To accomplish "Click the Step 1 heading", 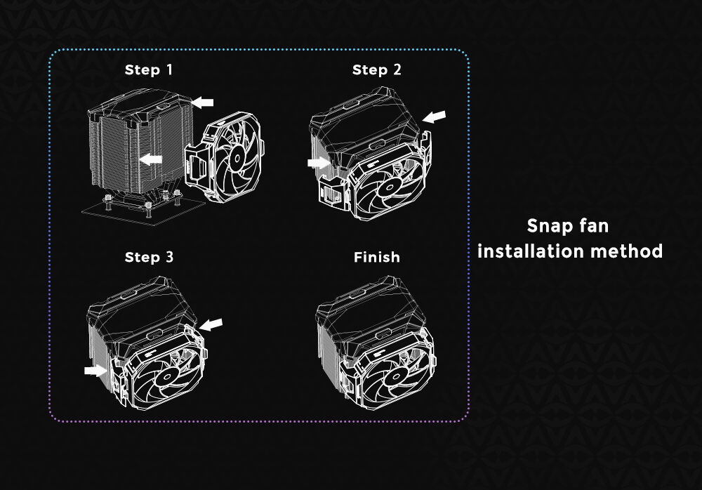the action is tap(149, 70).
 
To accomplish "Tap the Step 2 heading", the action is tap(376, 70).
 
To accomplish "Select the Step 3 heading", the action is tap(149, 257).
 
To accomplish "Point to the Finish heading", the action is tap(376, 257).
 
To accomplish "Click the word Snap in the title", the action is tap(546, 226).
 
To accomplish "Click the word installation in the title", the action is tap(531, 251).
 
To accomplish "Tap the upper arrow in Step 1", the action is tap(202, 102).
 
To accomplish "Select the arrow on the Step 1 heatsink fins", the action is tap(150, 159).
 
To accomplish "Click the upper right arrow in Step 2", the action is tap(435, 117).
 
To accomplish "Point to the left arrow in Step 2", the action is tap(319, 162).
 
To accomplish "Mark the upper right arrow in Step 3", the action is tap(211, 324).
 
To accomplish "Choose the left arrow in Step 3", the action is tap(95, 370).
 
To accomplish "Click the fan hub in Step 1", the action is tap(237, 157).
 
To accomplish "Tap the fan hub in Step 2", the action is tap(386, 187).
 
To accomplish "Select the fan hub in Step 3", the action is tap(168, 376).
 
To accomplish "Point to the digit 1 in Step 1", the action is tap(169, 69).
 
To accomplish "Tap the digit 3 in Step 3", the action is tap(169, 257).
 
